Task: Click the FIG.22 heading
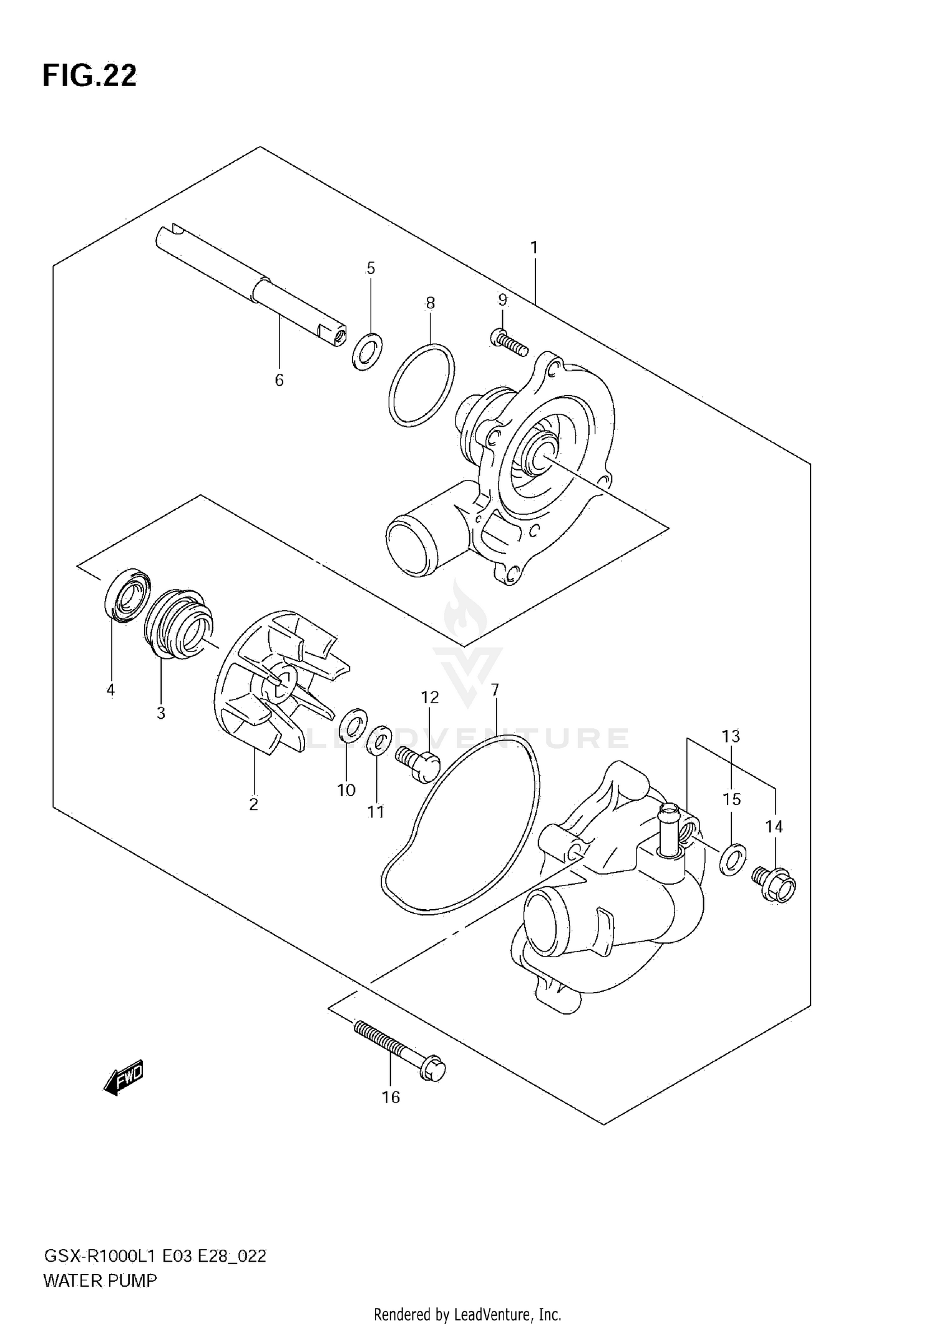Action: [89, 76]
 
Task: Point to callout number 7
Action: [494, 690]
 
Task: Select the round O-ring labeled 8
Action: [421, 384]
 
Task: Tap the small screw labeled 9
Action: [509, 342]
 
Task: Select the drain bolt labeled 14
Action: [774, 886]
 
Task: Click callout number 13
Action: [731, 736]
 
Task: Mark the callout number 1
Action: [534, 248]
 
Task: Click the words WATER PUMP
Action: [100, 1281]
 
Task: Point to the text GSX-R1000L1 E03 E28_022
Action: [154, 1256]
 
